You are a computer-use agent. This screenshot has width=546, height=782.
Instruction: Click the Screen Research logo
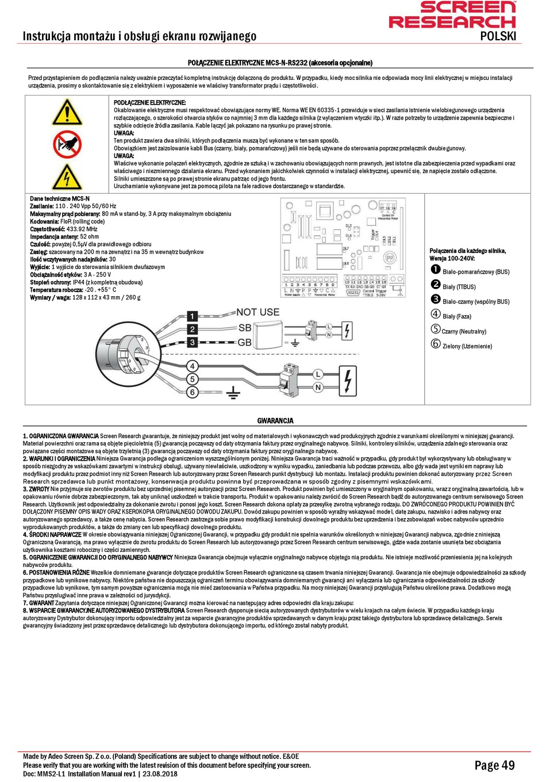coord(452,15)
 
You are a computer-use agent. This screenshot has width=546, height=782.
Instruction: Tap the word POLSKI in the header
coord(498,36)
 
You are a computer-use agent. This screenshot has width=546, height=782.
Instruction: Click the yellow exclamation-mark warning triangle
coord(67,112)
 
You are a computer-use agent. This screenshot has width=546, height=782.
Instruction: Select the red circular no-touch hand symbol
coord(67,144)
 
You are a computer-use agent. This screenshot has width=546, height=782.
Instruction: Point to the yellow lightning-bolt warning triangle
coord(67,177)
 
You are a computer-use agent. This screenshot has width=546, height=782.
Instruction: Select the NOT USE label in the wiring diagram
coord(257,312)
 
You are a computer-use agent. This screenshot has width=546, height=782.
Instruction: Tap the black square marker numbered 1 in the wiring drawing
coord(193,316)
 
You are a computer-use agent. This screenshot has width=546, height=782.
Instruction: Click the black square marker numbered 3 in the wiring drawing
coord(193,342)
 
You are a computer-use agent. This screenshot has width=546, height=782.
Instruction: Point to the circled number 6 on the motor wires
coord(193,392)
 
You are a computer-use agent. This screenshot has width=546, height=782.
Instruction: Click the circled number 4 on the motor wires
coord(193,366)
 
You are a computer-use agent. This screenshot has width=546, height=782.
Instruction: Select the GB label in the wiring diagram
coord(245,342)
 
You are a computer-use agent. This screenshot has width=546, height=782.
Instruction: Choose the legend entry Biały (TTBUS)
coord(459,286)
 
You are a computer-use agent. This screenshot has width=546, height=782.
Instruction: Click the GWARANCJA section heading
coord(275,421)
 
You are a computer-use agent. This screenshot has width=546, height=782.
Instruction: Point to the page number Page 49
coord(494,765)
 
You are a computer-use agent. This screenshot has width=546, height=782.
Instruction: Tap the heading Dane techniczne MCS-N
coord(59,198)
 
